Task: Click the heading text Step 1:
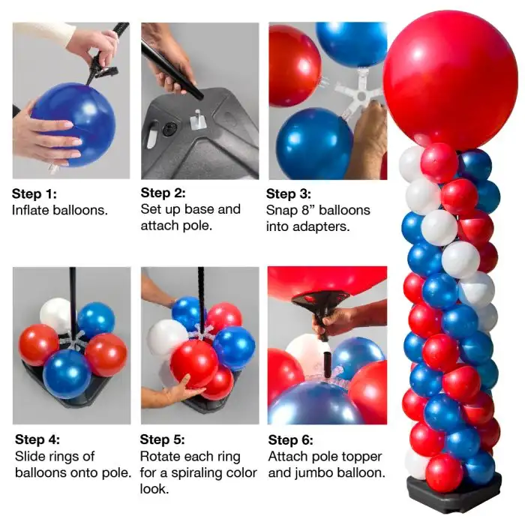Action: click(x=34, y=193)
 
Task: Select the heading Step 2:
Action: click(x=163, y=193)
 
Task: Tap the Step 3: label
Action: click(x=289, y=193)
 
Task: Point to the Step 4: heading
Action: click(x=37, y=439)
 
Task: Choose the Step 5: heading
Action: click(x=163, y=439)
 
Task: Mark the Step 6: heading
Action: click(x=291, y=440)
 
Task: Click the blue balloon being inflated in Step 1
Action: click(x=74, y=124)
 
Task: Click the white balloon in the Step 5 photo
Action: click(x=166, y=338)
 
